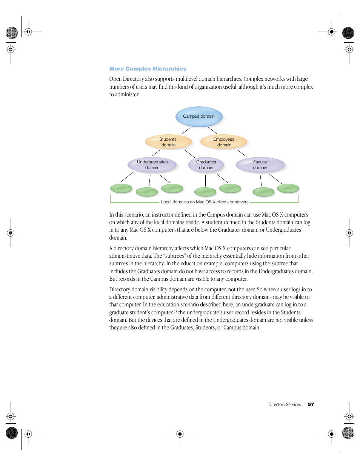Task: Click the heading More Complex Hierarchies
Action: click(148, 69)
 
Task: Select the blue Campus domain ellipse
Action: click(199, 117)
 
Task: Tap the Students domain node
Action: click(168, 142)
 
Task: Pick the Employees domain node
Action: click(224, 142)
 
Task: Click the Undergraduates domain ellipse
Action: click(152, 165)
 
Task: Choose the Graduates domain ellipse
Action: click(206, 165)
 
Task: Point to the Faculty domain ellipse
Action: click(260, 165)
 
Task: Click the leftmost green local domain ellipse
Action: click(121, 188)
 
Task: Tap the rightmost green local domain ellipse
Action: click(288, 188)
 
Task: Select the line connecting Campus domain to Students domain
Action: click(186, 131)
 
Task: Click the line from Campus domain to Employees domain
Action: click(212, 131)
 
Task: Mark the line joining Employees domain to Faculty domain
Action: click(242, 153)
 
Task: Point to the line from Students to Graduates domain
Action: click(189, 154)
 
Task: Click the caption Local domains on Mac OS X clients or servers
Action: click(205, 202)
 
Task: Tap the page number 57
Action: click(311, 404)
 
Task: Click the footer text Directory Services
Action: click(284, 404)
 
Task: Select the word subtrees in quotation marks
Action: click(174, 256)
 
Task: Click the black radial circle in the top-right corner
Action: click(348, 33)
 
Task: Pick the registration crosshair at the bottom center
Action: click(180, 434)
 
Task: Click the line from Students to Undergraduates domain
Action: click(156, 153)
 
